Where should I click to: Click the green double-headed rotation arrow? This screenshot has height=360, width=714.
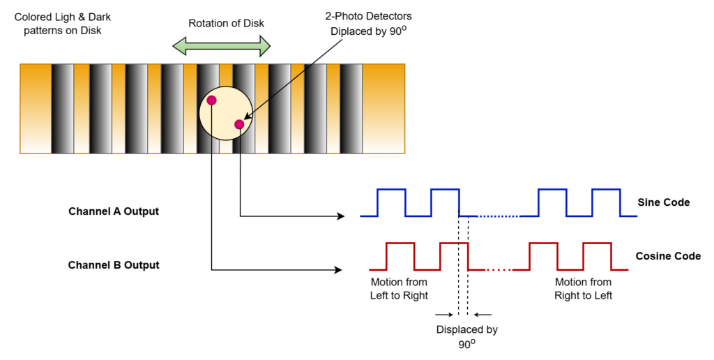click(221, 46)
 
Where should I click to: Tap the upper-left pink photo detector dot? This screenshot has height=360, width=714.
click(211, 100)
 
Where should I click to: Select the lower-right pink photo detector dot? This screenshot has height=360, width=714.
click(240, 124)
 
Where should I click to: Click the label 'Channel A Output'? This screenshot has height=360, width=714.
click(114, 211)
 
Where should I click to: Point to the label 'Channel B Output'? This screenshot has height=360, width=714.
click(114, 265)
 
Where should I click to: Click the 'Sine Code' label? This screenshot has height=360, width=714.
click(664, 202)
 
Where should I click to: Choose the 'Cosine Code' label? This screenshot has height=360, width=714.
click(668, 256)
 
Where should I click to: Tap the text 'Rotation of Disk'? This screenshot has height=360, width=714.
click(227, 23)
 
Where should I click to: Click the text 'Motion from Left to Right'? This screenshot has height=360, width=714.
click(399, 289)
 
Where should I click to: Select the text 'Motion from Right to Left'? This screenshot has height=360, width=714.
click(584, 289)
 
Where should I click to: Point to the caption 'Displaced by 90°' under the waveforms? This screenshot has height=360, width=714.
click(466, 337)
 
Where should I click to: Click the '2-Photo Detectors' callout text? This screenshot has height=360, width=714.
click(368, 17)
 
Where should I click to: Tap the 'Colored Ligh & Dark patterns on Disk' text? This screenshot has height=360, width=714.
click(63, 24)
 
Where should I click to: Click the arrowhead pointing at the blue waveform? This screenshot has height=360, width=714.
click(340, 216)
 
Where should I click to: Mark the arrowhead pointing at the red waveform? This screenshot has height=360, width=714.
click(338, 270)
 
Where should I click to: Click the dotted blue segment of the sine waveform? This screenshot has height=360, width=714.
click(499, 216)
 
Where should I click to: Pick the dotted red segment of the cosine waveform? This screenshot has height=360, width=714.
click(499, 270)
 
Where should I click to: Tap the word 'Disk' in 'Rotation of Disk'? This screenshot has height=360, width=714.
click(255, 23)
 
